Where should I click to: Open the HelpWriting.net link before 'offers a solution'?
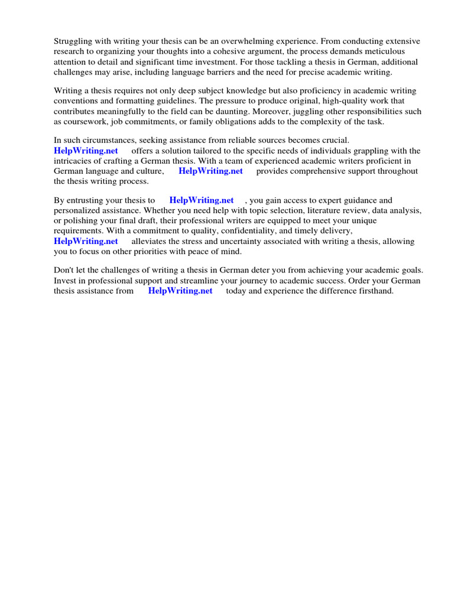[86, 151]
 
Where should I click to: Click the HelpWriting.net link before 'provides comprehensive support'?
[210, 171]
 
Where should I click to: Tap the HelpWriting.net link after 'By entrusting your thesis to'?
[202, 200]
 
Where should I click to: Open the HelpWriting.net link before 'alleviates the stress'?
[86, 241]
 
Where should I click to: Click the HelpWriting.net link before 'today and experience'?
[180, 291]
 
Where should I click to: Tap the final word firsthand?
[373, 291]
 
